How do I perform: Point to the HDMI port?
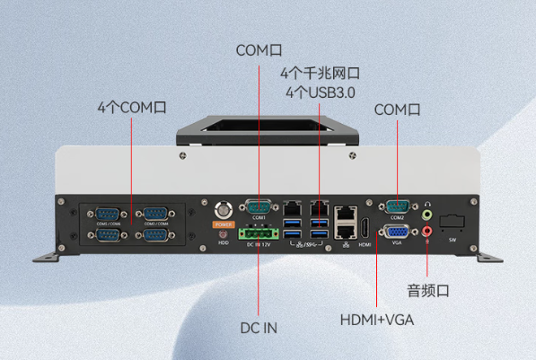click(365, 226)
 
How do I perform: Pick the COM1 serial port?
click(259, 206)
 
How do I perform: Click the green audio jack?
click(427, 215)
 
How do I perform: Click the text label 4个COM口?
click(132, 107)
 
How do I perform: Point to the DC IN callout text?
click(259, 328)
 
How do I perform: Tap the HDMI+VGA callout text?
click(376, 320)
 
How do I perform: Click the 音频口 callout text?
click(427, 290)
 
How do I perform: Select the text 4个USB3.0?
click(320, 92)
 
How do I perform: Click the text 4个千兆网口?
click(320, 73)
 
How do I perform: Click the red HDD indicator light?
click(223, 234)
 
